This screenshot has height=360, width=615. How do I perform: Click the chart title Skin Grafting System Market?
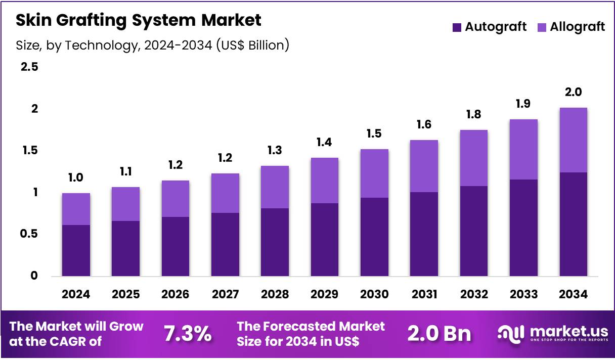coord(139,20)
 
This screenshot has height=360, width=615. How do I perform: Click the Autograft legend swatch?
coord(457,27)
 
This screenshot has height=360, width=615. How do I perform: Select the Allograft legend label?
coord(577,27)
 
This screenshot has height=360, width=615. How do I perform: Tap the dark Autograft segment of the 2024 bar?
coord(76,250)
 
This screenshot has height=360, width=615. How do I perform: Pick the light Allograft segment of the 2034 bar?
coord(574,140)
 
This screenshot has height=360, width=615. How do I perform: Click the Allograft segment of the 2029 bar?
coord(325,181)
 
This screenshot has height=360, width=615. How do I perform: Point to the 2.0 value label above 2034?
coord(574,92)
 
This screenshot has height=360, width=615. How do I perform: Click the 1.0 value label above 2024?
coord(76,177)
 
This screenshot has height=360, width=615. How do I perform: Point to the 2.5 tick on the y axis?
coord(29,67)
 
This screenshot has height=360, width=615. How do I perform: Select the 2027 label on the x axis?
coord(225,294)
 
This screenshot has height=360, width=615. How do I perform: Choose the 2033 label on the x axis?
coord(523,294)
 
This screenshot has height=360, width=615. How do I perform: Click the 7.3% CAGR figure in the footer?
coord(187,334)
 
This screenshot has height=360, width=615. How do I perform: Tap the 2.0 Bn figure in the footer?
coord(439,334)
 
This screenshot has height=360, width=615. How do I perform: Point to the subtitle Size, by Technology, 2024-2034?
coord(152,45)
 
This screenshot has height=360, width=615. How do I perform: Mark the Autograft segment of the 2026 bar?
coord(175,246)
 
